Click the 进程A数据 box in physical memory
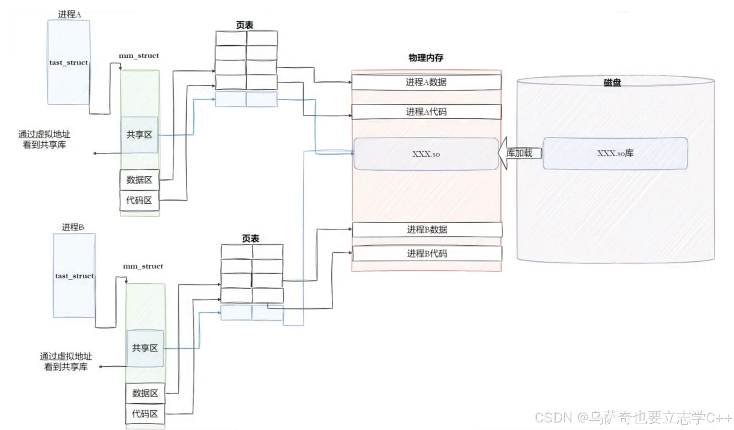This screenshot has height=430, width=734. coord(426,82)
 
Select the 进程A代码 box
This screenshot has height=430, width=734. coord(426,112)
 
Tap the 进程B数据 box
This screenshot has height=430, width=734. coord(427,229)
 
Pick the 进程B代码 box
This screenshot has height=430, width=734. coord(427,253)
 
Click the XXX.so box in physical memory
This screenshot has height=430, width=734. coord(426,154)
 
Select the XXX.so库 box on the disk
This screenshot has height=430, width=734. coord(615,154)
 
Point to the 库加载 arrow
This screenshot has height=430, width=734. coord(519,153)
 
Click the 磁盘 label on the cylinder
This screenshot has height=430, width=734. coord(612,83)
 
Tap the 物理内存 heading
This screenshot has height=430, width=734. coord(426,58)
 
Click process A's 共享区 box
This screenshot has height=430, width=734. coord(139,135)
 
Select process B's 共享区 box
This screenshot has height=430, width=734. coord(145,348)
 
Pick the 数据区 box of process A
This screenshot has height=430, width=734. coord(139,180)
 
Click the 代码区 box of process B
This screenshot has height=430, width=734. coord(145,414)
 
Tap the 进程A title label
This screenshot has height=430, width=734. coord(70,15)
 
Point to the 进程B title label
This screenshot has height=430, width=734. coord(73,227)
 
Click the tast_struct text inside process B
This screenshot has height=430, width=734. coord(74,276)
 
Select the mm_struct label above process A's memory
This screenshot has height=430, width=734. coord(139,56)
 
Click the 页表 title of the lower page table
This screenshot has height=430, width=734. coord(251,239)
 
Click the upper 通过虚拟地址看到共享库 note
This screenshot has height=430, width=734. coord(44,139)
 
